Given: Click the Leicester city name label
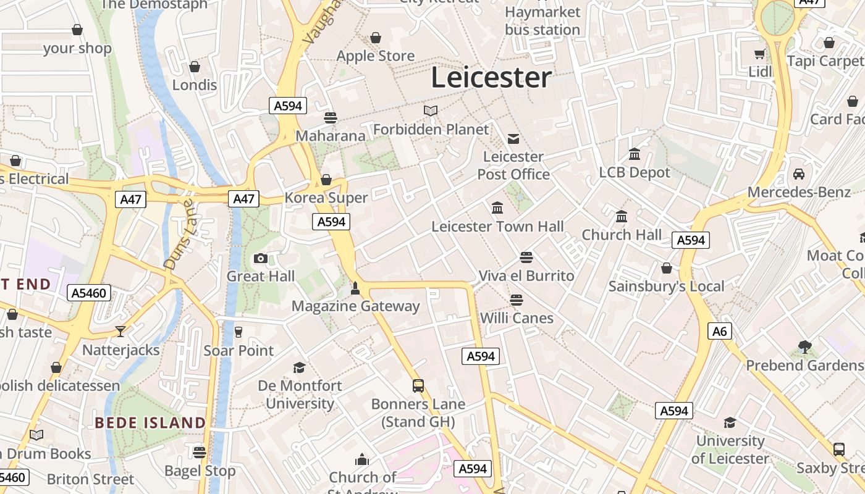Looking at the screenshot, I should pyautogui.click(x=491, y=78).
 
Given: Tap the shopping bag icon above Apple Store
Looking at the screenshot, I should pyautogui.click(x=375, y=38).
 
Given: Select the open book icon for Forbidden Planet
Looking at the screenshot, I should pyautogui.click(x=431, y=111).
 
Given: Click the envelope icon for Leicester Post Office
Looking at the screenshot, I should pyautogui.click(x=513, y=138).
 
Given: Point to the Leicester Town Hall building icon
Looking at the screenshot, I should pyautogui.click(x=497, y=208).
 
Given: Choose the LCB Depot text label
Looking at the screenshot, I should pyautogui.click(x=635, y=172).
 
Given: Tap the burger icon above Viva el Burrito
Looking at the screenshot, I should pyautogui.click(x=526, y=257).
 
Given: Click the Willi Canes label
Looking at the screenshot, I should pyautogui.click(x=517, y=318).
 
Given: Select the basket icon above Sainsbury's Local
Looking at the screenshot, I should pyautogui.click(x=667, y=268).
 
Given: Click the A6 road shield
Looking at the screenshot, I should pyautogui.click(x=720, y=332).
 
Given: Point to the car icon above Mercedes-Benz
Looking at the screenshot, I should pyautogui.click(x=799, y=174).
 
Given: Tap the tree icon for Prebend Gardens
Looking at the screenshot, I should pyautogui.click(x=804, y=347).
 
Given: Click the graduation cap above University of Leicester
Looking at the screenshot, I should pyautogui.click(x=730, y=423).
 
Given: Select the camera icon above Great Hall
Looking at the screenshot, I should pyautogui.click(x=261, y=258).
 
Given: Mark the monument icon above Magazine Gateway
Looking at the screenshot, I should pyautogui.click(x=355, y=288).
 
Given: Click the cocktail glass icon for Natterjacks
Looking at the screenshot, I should pyautogui.click(x=120, y=332).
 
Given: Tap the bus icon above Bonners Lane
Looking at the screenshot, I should pyautogui.click(x=418, y=386).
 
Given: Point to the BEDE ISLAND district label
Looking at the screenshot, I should pyautogui.click(x=150, y=423).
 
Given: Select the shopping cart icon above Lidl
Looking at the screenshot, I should pyautogui.click(x=760, y=54).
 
